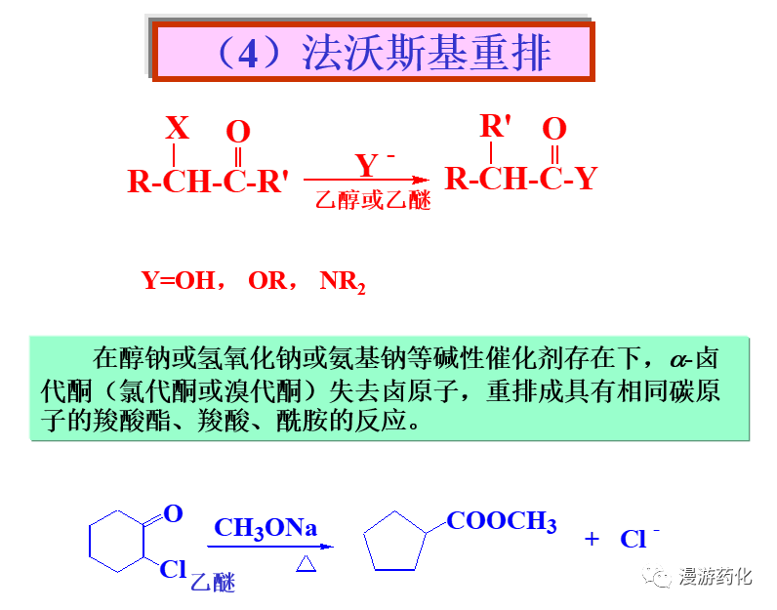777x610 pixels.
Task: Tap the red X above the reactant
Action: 177,128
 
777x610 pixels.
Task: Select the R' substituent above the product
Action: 496,126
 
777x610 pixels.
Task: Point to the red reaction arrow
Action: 366,180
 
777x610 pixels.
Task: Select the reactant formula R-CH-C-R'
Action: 208,182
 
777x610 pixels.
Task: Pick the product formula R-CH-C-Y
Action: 520,179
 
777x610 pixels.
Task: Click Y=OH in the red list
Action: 178,281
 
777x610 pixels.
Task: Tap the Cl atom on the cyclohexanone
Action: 173,569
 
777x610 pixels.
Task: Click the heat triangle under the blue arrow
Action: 305,565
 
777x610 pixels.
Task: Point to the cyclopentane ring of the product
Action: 395,543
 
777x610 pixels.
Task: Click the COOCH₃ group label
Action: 502,521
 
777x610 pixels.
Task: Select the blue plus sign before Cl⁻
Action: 592,539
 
